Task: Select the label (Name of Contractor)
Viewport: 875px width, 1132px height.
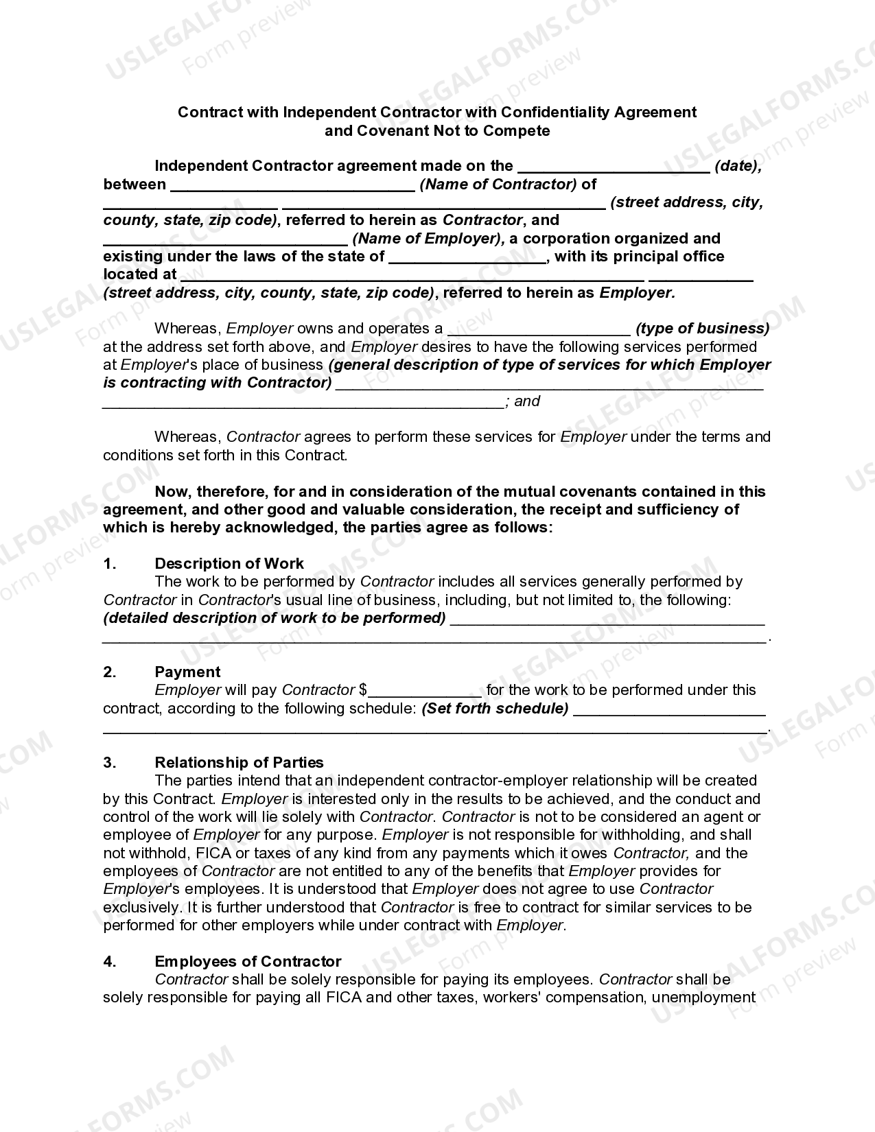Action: [498, 184]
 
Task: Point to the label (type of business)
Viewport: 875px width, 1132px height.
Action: [703, 328]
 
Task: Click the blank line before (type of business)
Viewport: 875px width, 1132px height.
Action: [539, 329]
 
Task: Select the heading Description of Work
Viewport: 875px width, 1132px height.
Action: [229, 563]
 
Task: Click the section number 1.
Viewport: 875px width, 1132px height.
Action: [110, 563]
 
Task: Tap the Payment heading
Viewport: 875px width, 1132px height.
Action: [187, 672]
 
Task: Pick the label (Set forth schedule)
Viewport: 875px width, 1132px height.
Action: [495, 708]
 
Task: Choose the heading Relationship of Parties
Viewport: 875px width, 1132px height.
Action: [239, 762]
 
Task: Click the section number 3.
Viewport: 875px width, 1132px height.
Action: [110, 762]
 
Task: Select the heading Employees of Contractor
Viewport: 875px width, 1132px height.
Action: [248, 961]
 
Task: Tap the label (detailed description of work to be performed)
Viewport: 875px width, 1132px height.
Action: [275, 617]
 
